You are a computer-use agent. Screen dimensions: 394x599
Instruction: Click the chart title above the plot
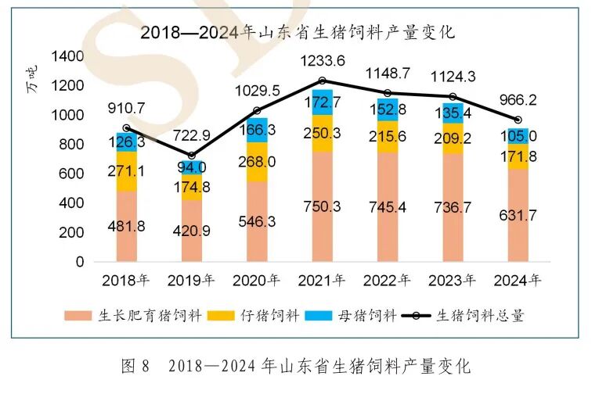click(x=298, y=33)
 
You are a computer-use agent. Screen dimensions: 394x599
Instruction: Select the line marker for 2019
click(x=191, y=156)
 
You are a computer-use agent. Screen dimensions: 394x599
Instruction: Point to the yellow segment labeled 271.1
click(x=126, y=171)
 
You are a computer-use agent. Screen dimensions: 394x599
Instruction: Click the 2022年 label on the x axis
click(x=388, y=278)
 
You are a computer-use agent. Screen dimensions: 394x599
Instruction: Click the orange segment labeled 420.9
click(x=191, y=231)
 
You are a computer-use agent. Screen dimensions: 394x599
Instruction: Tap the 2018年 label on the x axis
click(x=126, y=278)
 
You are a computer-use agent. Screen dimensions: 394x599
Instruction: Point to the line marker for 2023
click(x=453, y=97)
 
